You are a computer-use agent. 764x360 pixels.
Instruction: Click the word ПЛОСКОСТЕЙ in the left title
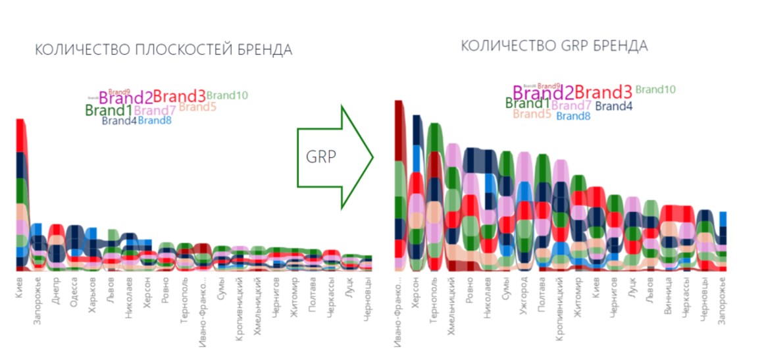point(179,51)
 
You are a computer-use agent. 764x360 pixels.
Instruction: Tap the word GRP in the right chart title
point(575,45)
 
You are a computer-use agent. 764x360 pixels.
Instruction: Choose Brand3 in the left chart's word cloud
point(179,97)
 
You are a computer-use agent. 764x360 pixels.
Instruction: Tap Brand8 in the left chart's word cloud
point(155,120)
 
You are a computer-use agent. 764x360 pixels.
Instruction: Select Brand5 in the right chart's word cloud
point(532,114)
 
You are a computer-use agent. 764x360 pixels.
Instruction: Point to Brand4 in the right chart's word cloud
point(613,105)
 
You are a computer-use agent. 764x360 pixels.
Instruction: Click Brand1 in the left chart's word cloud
point(109,111)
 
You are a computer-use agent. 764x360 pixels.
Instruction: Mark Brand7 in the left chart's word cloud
point(155,110)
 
